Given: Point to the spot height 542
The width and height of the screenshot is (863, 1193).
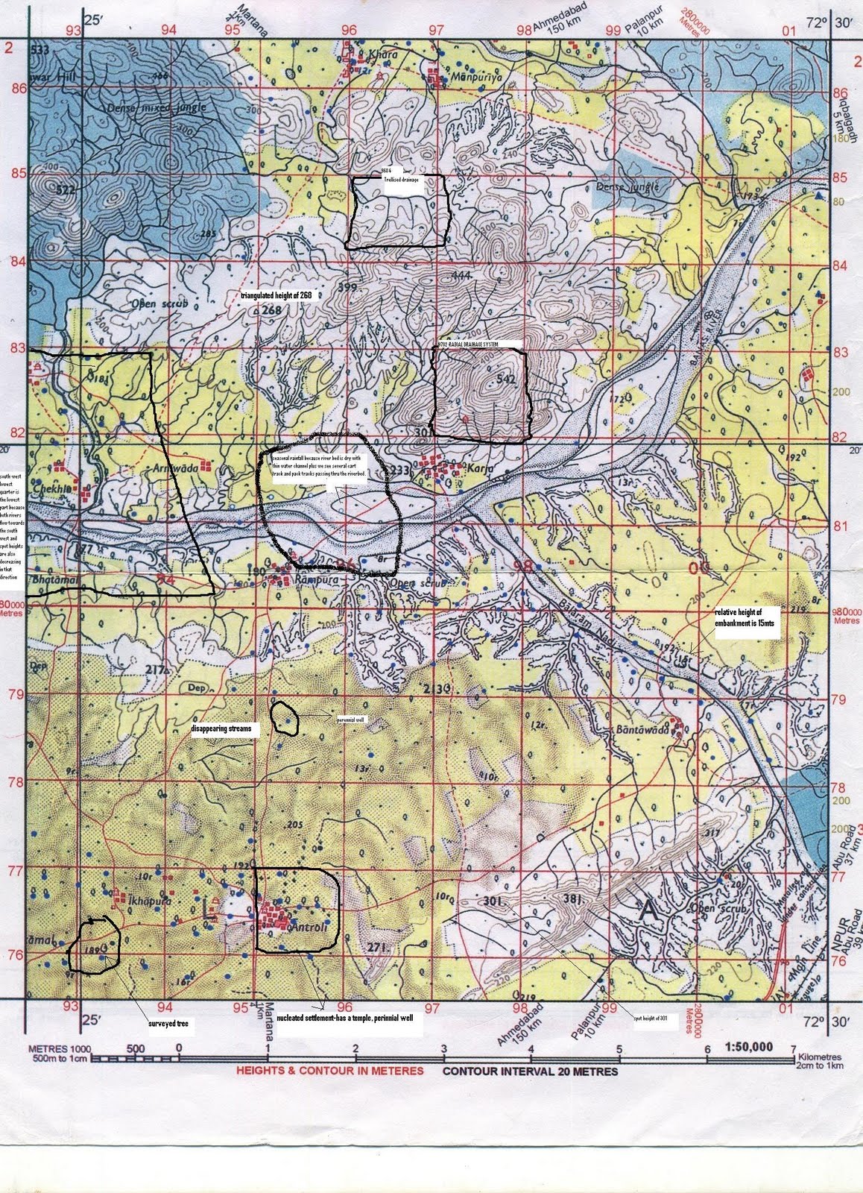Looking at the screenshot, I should click(505, 380).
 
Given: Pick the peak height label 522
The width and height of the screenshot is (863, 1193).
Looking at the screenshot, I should click(66, 189).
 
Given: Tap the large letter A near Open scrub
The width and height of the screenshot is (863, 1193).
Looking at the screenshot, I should click(648, 909).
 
